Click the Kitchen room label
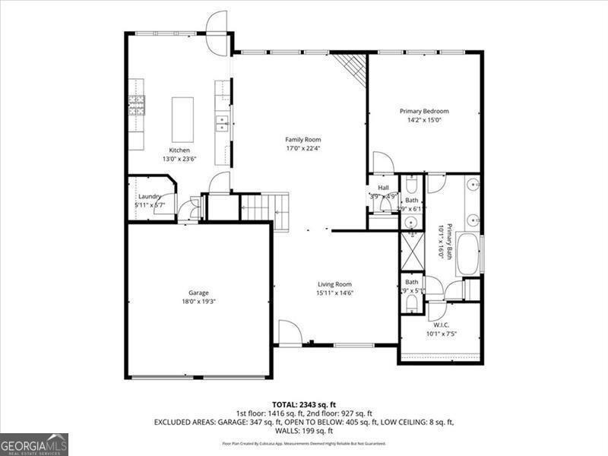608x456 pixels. click(x=179, y=150)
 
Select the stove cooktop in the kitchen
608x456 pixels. click(x=137, y=103)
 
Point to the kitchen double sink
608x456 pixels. click(x=221, y=122)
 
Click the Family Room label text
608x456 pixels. click(x=303, y=139)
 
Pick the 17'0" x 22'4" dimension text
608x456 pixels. click(x=303, y=149)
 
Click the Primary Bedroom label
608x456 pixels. click(x=424, y=111)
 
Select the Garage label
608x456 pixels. click(x=199, y=293)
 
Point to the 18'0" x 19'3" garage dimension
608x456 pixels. click(x=199, y=302)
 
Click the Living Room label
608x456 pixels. click(x=334, y=284)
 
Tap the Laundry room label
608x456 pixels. click(x=149, y=197)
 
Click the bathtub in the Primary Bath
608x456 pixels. click(x=468, y=252)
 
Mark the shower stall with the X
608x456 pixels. click(x=411, y=249)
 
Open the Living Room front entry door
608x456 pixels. click(x=290, y=333)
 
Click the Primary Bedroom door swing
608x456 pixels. click(x=382, y=163)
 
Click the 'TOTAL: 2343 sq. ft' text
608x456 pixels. click(x=304, y=404)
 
